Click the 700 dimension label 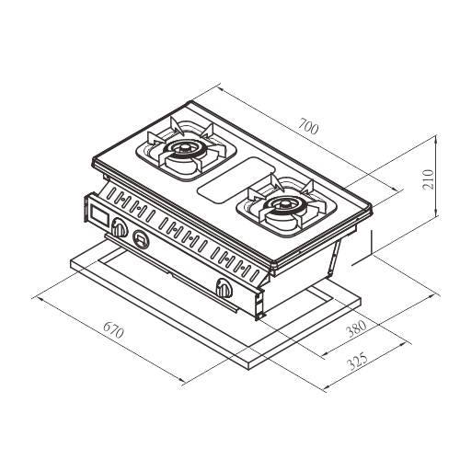309,127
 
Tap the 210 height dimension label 428,179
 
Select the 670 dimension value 114,330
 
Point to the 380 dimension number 356,328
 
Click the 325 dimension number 357,362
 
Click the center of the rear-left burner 184,149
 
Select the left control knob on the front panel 120,227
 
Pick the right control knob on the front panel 224,287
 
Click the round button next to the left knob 142,239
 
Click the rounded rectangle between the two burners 236,180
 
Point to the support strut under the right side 334,257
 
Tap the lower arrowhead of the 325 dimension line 328,386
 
